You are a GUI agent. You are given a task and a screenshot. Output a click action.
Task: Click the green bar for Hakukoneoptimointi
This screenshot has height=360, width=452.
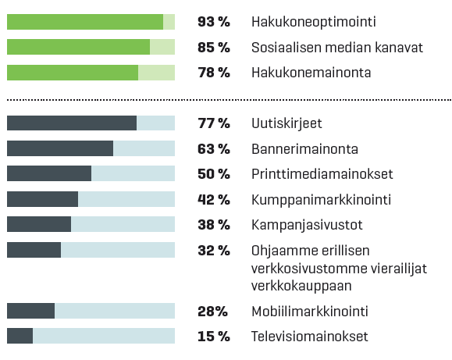click(x=85, y=22)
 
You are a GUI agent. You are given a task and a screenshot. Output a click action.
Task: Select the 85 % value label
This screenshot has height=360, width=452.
click(x=214, y=48)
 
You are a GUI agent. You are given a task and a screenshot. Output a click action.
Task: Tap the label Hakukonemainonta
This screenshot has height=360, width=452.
click(x=311, y=73)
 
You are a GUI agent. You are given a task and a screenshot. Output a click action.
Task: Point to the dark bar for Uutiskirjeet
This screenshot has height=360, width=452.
click(x=72, y=123)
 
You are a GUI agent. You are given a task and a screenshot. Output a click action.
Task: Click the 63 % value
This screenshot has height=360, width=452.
click(x=214, y=149)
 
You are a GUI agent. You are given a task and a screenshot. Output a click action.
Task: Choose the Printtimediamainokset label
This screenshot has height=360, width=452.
click(x=322, y=174)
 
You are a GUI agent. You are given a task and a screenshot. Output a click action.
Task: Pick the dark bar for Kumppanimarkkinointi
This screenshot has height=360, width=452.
click(x=42, y=199)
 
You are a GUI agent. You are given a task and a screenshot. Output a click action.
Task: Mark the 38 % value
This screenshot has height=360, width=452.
click(x=214, y=225)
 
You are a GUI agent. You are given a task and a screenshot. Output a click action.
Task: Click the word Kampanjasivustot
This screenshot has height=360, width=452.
click(x=307, y=225)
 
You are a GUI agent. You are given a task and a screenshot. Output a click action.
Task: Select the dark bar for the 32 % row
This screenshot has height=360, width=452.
click(x=34, y=250)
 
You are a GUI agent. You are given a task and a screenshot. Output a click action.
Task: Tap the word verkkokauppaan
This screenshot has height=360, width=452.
click(x=301, y=286)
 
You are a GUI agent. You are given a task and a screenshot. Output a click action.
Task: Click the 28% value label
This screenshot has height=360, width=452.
click(x=212, y=312)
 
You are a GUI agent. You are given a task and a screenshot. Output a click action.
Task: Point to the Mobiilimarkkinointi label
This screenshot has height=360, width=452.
click(x=310, y=312)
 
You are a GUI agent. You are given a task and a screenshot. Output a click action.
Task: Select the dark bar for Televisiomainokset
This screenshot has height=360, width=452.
click(x=20, y=336)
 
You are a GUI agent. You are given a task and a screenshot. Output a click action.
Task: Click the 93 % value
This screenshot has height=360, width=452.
click(x=214, y=22)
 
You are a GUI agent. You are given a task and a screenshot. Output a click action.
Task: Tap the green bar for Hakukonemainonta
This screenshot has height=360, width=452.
click(x=73, y=73)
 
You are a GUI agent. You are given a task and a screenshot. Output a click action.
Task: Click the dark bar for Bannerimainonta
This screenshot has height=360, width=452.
click(x=60, y=148)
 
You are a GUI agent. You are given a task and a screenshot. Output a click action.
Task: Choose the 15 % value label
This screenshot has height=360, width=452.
click(x=214, y=337)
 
